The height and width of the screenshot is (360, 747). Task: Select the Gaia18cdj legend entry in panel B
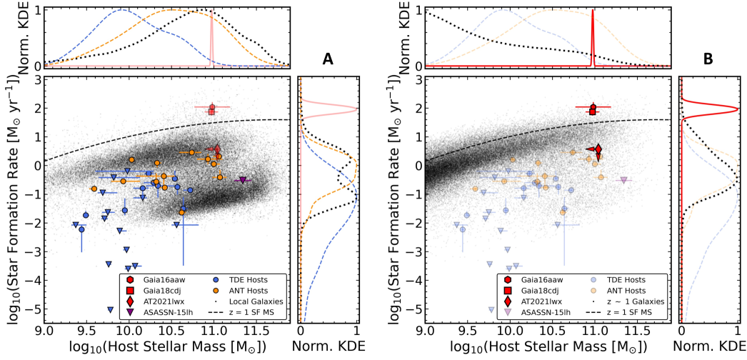pyautogui.click(x=539, y=291)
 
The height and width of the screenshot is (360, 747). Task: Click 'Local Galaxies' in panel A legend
pyautogui.click(x=251, y=301)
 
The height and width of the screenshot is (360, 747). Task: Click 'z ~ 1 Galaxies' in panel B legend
pyautogui.click(x=634, y=301)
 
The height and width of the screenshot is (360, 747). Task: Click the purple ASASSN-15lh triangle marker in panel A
pyautogui.click(x=243, y=180)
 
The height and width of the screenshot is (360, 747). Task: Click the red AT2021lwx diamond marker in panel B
pyautogui.click(x=598, y=149)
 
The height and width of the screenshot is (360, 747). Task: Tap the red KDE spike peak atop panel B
pyautogui.click(x=593, y=11)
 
